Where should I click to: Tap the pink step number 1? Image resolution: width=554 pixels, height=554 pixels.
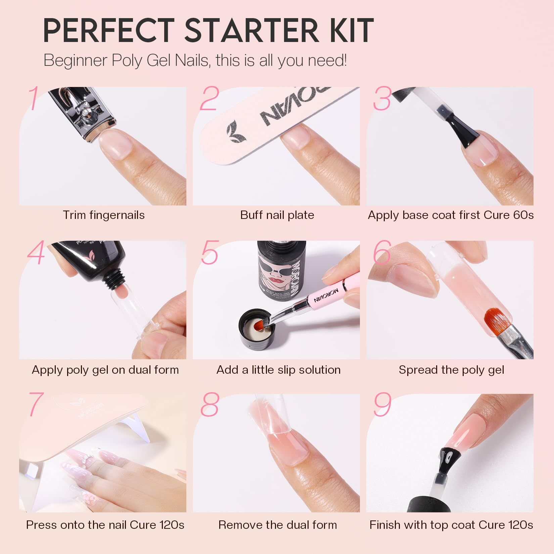point(34,98)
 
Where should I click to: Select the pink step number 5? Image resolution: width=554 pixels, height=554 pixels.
point(210,252)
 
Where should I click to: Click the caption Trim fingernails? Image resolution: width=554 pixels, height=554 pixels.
point(104,215)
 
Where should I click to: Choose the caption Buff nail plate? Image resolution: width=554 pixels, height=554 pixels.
point(277,215)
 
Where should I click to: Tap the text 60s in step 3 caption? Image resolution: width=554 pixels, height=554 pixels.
point(523,215)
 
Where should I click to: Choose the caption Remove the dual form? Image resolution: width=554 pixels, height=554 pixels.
point(277,525)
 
